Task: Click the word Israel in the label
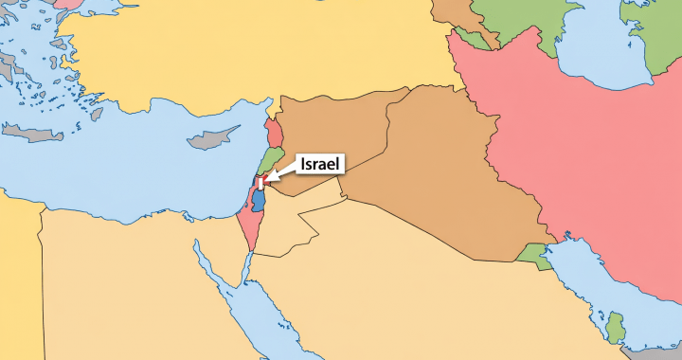pyautogui.click(x=321, y=164)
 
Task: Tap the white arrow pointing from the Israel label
pyautogui.click(x=282, y=170)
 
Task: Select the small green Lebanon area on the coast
pyautogui.click(x=272, y=158)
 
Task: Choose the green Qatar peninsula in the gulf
pyautogui.click(x=616, y=328)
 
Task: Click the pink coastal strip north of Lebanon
pyautogui.click(x=274, y=132)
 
